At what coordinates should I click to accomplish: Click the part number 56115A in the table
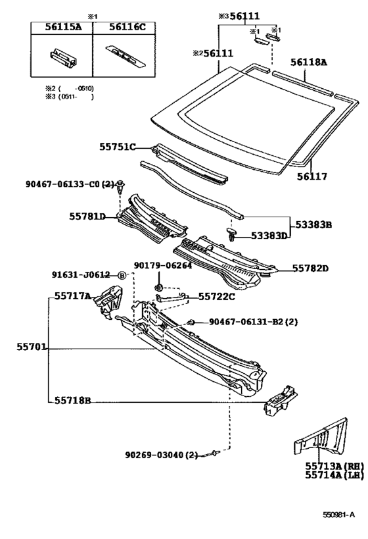click(64, 28)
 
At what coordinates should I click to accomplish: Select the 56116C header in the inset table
click(127, 28)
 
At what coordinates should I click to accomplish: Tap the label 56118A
click(309, 62)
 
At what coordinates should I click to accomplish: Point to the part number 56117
click(312, 176)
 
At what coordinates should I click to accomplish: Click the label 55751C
click(118, 147)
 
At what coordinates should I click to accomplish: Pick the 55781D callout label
click(87, 217)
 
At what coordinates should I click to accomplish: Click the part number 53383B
click(313, 225)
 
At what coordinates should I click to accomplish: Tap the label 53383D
click(269, 236)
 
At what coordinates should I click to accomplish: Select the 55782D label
click(310, 268)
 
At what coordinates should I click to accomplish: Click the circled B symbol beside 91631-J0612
click(122, 275)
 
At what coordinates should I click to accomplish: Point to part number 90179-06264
click(163, 265)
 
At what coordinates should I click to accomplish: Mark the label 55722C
click(217, 296)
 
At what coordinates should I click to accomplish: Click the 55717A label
click(73, 295)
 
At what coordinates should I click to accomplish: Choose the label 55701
click(32, 347)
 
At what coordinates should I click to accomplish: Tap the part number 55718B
click(73, 401)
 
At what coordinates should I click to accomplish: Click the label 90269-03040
click(154, 455)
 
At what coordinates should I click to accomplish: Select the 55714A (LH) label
click(334, 475)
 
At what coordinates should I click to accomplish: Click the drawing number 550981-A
click(338, 515)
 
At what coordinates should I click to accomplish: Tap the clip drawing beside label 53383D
click(232, 234)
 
